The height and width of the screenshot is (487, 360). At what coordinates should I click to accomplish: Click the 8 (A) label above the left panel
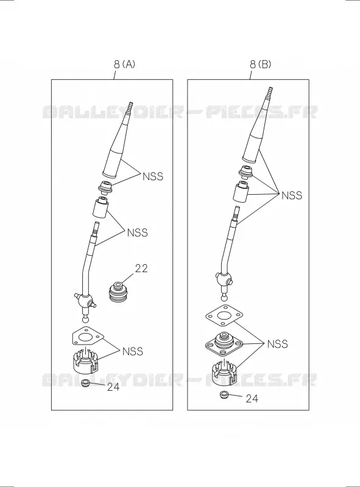click(124, 65)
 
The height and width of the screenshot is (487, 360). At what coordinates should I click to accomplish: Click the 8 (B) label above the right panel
click(260, 65)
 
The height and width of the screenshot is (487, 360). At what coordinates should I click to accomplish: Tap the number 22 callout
click(141, 268)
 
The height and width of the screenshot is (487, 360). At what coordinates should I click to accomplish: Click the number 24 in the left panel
click(113, 387)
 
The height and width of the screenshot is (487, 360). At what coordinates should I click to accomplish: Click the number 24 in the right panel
click(252, 399)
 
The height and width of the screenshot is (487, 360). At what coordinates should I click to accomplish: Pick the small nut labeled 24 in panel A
click(85, 383)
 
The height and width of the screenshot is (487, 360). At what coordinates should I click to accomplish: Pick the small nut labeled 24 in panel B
click(223, 395)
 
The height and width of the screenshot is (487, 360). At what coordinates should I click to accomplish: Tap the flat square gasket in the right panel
click(224, 316)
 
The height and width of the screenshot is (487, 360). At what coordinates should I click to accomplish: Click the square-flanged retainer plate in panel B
click(224, 343)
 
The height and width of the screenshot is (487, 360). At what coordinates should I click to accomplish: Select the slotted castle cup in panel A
click(85, 362)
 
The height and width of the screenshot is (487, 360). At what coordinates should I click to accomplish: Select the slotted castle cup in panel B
click(224, 373)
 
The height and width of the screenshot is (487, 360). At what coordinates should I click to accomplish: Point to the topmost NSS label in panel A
click(153, 177)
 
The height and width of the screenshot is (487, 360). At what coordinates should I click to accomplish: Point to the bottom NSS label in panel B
click(278, 344)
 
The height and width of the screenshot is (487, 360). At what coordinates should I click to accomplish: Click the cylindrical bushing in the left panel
click(99, 208)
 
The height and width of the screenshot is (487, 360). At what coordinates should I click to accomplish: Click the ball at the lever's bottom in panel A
click(85, 319)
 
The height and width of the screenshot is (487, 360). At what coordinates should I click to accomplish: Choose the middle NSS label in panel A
click(138, 233)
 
